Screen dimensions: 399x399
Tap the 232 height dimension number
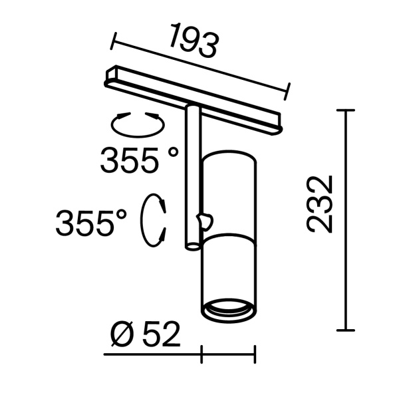(320, 203)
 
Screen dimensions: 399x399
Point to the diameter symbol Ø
(122, 336)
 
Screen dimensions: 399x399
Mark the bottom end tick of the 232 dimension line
(345, 330)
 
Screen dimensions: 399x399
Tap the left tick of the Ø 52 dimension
(201, 355)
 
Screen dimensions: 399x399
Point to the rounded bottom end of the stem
(192, 247)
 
